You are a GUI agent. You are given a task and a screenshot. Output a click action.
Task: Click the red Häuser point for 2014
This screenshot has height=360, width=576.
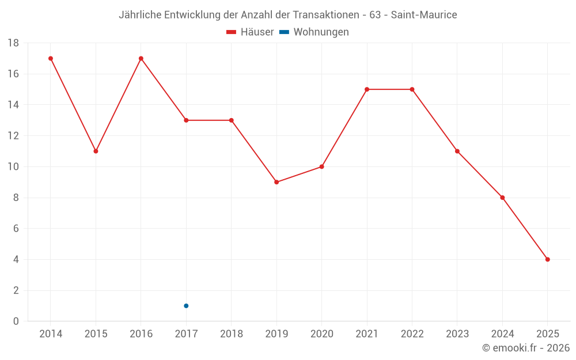tap(51, 58)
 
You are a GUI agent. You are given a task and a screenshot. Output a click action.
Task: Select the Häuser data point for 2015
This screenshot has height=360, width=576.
tap(96, 151)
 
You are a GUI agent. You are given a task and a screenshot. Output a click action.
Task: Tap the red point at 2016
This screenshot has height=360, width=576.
tap(141, 58)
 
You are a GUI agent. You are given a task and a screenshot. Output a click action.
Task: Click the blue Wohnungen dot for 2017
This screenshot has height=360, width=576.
tap(186, 306)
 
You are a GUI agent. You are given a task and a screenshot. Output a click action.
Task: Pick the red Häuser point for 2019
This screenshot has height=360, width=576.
tap(276, 182)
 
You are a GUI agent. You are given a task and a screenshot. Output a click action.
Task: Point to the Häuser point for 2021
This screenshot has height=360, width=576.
tap(367, 89)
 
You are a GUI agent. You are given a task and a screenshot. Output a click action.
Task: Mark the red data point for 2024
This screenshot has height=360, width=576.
tap(502, 198)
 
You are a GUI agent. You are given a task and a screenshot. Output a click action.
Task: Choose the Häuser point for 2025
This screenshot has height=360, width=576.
tap(548, 259)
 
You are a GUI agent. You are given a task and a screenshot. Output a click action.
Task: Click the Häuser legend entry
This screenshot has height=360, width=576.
tap(250, 32)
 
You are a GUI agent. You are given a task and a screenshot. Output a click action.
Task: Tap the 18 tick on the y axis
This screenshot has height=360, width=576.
tap(13, 43)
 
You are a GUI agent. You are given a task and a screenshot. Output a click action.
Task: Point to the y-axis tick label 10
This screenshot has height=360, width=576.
tap(13, 167)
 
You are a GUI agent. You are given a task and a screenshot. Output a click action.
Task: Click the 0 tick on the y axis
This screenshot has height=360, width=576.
tap(16, 321)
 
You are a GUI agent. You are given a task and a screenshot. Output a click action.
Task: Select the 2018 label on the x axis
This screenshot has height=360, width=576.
tap(232, 334)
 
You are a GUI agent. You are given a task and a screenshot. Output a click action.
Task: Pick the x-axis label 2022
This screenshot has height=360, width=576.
tap(412, 334)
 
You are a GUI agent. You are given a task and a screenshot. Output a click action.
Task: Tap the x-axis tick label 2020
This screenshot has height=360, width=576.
tap(321, 334)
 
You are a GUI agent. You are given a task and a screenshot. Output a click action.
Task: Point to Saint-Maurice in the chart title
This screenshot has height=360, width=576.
tap(424, 15)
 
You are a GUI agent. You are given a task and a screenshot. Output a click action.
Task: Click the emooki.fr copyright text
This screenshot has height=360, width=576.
tap(526, 348)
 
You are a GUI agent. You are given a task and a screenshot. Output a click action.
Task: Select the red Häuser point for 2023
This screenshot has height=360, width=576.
tap(457, 151)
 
